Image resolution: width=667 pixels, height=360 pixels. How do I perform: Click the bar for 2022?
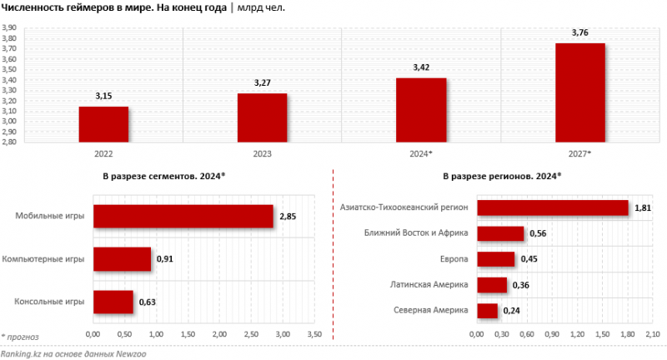(x=103, y=124)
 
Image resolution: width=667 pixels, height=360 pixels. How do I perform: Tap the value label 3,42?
(x=421, y=67)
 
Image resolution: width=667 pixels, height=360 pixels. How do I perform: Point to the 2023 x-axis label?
(x=262, y=154)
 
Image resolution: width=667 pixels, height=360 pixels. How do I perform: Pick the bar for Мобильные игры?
(x=183, y=217)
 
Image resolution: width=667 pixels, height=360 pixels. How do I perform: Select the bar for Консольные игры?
(x=113, y=302)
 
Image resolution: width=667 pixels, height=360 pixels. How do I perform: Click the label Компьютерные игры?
(x=44, y=259)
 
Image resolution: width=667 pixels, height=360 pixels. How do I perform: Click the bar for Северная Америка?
(x=487, y=311)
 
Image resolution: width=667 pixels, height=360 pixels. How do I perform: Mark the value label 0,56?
(x=539, y=233)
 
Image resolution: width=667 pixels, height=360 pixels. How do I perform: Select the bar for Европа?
(x=495, y=259)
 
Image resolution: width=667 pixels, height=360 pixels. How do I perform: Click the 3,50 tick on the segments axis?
(x=314, y=334)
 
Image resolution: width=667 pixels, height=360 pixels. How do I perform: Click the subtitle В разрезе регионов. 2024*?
(x=502, y=177)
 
